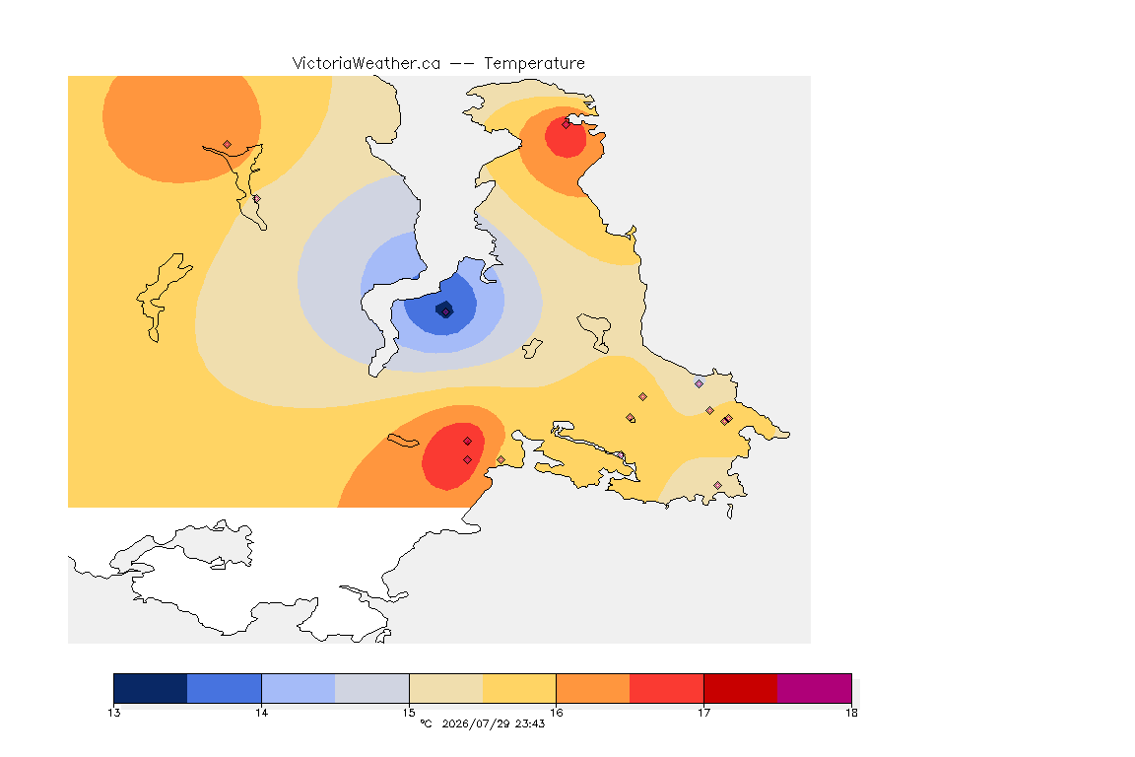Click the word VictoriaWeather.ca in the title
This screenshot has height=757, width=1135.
[367, 64]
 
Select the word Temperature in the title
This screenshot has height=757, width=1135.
[534, 64]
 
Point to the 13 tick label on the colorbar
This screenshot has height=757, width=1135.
[114, 713]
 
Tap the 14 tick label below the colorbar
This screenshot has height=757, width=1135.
[261, 713]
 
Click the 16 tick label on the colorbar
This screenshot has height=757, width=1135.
[556, 713]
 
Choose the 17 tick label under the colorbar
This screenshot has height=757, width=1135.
[703, 713]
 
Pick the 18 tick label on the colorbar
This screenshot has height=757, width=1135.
[851, 713]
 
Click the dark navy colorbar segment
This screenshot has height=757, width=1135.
[151, 688]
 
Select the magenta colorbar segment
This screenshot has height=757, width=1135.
[815, 688]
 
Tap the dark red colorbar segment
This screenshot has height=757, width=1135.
[741, 688]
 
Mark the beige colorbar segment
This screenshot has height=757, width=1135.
[446, 688]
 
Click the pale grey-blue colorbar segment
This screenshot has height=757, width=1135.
[372, 688]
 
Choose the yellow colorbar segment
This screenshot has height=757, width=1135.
[519, 688]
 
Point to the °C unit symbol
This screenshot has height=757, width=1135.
[426, 723]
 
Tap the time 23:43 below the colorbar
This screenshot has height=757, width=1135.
[530, 723]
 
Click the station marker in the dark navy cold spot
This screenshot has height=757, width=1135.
[446, 312]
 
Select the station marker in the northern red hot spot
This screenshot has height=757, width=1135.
[567, 124]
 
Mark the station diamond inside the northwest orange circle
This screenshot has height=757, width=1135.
[228, 145]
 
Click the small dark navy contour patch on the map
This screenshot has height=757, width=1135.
[444, 310]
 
